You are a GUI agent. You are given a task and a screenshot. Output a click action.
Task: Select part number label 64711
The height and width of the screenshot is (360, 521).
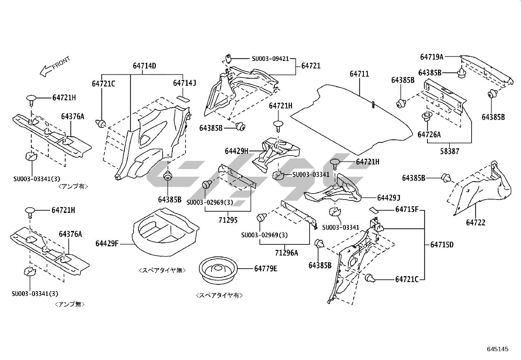tap(359, 74)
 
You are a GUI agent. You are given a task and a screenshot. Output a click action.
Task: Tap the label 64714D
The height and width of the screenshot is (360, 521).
tap(144, 66)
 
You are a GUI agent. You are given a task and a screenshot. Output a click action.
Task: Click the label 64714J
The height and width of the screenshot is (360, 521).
tap(185, 83)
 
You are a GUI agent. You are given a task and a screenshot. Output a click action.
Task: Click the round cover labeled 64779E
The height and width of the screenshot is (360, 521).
tap(218, 269)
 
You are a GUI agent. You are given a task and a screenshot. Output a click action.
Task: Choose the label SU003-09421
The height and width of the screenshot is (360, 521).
tap(270, 59)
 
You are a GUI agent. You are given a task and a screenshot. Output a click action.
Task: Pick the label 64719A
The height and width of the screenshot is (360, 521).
tap(431, 57)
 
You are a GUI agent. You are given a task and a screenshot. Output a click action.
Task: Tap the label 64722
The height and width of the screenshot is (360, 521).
tap(476, 223)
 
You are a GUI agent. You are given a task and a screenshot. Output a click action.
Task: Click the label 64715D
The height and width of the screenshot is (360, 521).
tap(442, 245)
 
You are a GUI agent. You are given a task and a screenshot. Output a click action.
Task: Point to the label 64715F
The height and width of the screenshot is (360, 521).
tap(407, 209)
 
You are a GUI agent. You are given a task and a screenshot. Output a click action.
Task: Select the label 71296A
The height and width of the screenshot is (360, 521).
tap(286, 253)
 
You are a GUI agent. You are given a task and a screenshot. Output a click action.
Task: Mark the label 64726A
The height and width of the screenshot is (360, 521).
tap(429, 134)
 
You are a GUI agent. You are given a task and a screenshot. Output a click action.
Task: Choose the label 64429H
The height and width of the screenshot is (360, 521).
tap(237, 151)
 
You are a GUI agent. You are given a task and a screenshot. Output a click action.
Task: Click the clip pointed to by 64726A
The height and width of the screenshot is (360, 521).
tap(426, 116)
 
